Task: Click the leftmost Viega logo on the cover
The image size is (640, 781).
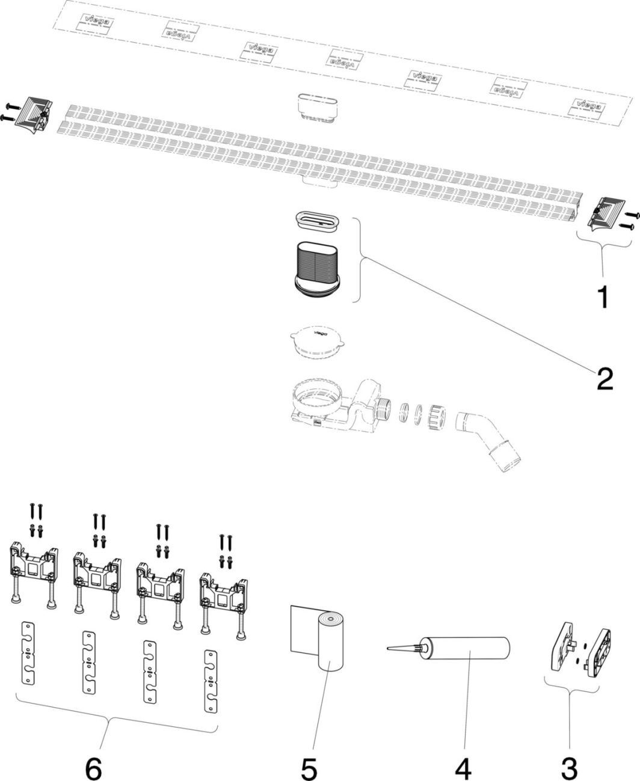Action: click(94, 23)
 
